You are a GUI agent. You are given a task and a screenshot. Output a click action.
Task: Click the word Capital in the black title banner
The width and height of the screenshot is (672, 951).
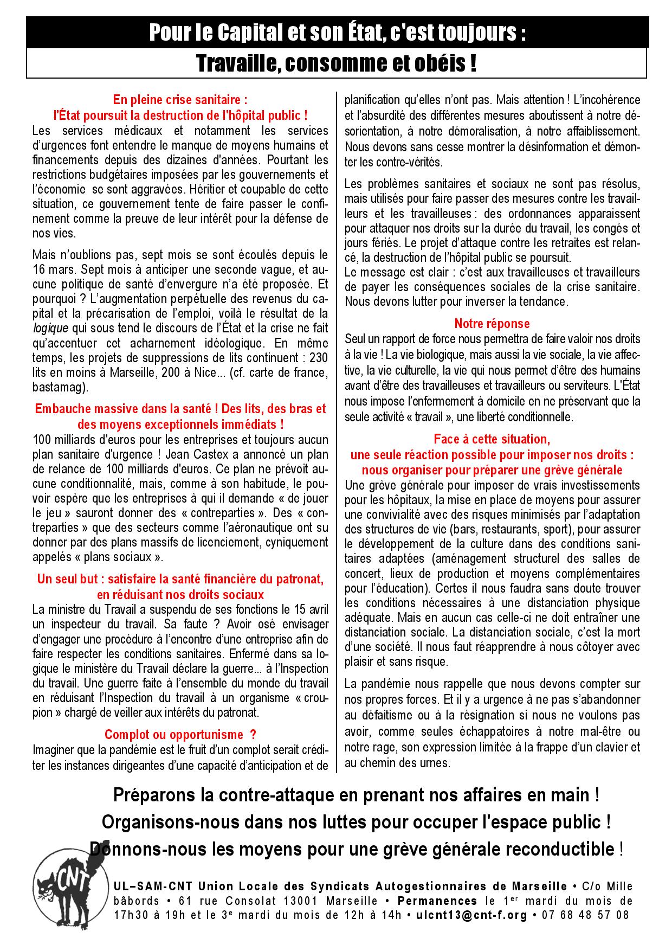255,34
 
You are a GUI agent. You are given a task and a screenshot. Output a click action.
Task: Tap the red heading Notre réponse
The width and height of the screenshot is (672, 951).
492,324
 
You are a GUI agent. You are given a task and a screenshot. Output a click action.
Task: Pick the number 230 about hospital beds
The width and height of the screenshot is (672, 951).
318,358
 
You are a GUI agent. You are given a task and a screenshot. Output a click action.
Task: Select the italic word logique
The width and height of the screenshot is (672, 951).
51,328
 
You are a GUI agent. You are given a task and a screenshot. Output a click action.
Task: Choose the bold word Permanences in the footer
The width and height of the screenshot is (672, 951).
436,901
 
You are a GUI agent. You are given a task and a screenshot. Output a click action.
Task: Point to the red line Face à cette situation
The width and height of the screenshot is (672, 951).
492,439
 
